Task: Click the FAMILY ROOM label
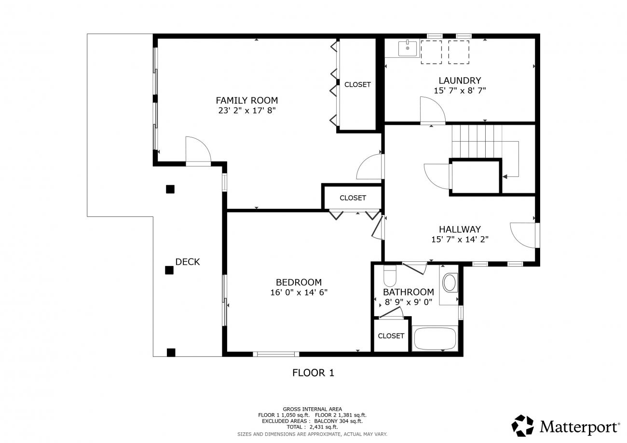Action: (x=246, y=100)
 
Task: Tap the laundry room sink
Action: (x=407, y=48)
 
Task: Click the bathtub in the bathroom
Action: (x=435, y=339)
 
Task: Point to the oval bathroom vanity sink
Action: (x=450, y=283)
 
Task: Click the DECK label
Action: (x=187, y=262)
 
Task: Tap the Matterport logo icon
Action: (x=522, y=426)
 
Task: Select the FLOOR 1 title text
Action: (x=313, y=373)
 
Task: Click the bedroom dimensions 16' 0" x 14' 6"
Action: (x=299, y=293)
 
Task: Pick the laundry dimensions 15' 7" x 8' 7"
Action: (x=460, y=91)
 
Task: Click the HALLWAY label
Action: (x=460, y=229)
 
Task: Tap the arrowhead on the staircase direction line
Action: (x=504, y=177)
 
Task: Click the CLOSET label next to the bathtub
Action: (x=391, y=336)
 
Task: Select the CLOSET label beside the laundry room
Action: (x=357, y=84)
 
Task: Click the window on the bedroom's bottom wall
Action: (x=276, y=354)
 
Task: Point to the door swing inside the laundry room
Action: (x=433, y=110)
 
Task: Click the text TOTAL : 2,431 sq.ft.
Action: (x=312, y=427)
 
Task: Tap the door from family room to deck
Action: (x=198, y=151)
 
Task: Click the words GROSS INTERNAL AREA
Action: (x=312, y=409)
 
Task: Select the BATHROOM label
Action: (x=409, y=292)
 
